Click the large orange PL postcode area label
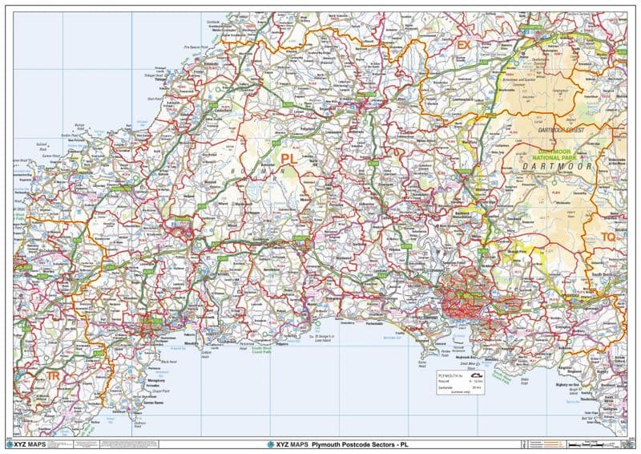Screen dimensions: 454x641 [x=288, y=160]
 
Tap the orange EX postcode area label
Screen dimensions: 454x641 [x=463, y=46]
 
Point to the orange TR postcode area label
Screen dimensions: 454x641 [x=53, y=375]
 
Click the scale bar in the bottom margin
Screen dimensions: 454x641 [x=601, y=444]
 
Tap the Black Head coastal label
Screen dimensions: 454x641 [x=168, y=362]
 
